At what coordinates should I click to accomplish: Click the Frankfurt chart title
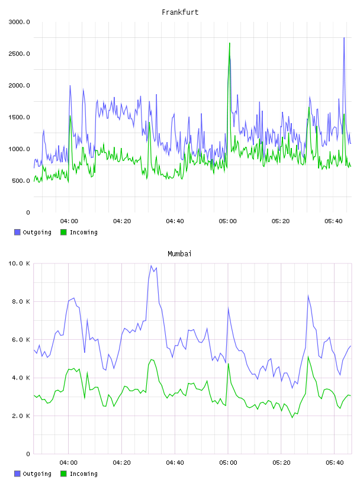click(x=180, y=12)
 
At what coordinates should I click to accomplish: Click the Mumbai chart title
click(x=179, y=254)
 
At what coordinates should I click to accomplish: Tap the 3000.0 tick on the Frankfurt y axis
click(x=19, y=22)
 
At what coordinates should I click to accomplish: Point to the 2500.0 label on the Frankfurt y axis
click(x=19, y=54)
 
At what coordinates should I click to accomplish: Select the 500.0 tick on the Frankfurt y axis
click(x=21, y=181)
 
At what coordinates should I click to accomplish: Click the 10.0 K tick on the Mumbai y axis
click(x=19, y=263)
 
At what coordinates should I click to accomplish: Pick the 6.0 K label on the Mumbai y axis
click(x=21, y=339)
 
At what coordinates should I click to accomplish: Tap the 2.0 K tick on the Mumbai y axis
click(x=21, y=416)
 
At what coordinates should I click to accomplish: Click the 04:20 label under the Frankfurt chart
click(x=122, y=221)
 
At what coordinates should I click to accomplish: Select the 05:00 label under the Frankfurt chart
click(x=228, y=221)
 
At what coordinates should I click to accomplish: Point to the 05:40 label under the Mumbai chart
click(x=335, y=462)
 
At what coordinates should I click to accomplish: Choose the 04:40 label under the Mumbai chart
click(x=175, y=462)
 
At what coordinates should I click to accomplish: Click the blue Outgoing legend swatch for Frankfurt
click(x=17, y=232)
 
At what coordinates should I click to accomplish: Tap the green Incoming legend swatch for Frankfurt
click(x=63, y=232)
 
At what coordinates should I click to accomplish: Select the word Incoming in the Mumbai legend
click(x=83, y=474)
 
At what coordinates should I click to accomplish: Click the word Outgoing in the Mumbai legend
click(x=37, y=474)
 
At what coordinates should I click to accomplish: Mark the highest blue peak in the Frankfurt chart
click(x=344, y=37)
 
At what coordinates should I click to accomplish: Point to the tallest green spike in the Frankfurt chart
click(x=230, y=43)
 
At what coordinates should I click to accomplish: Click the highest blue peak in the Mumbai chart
click(x=151, y=266)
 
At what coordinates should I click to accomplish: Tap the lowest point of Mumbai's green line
click(x=292, y=417)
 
